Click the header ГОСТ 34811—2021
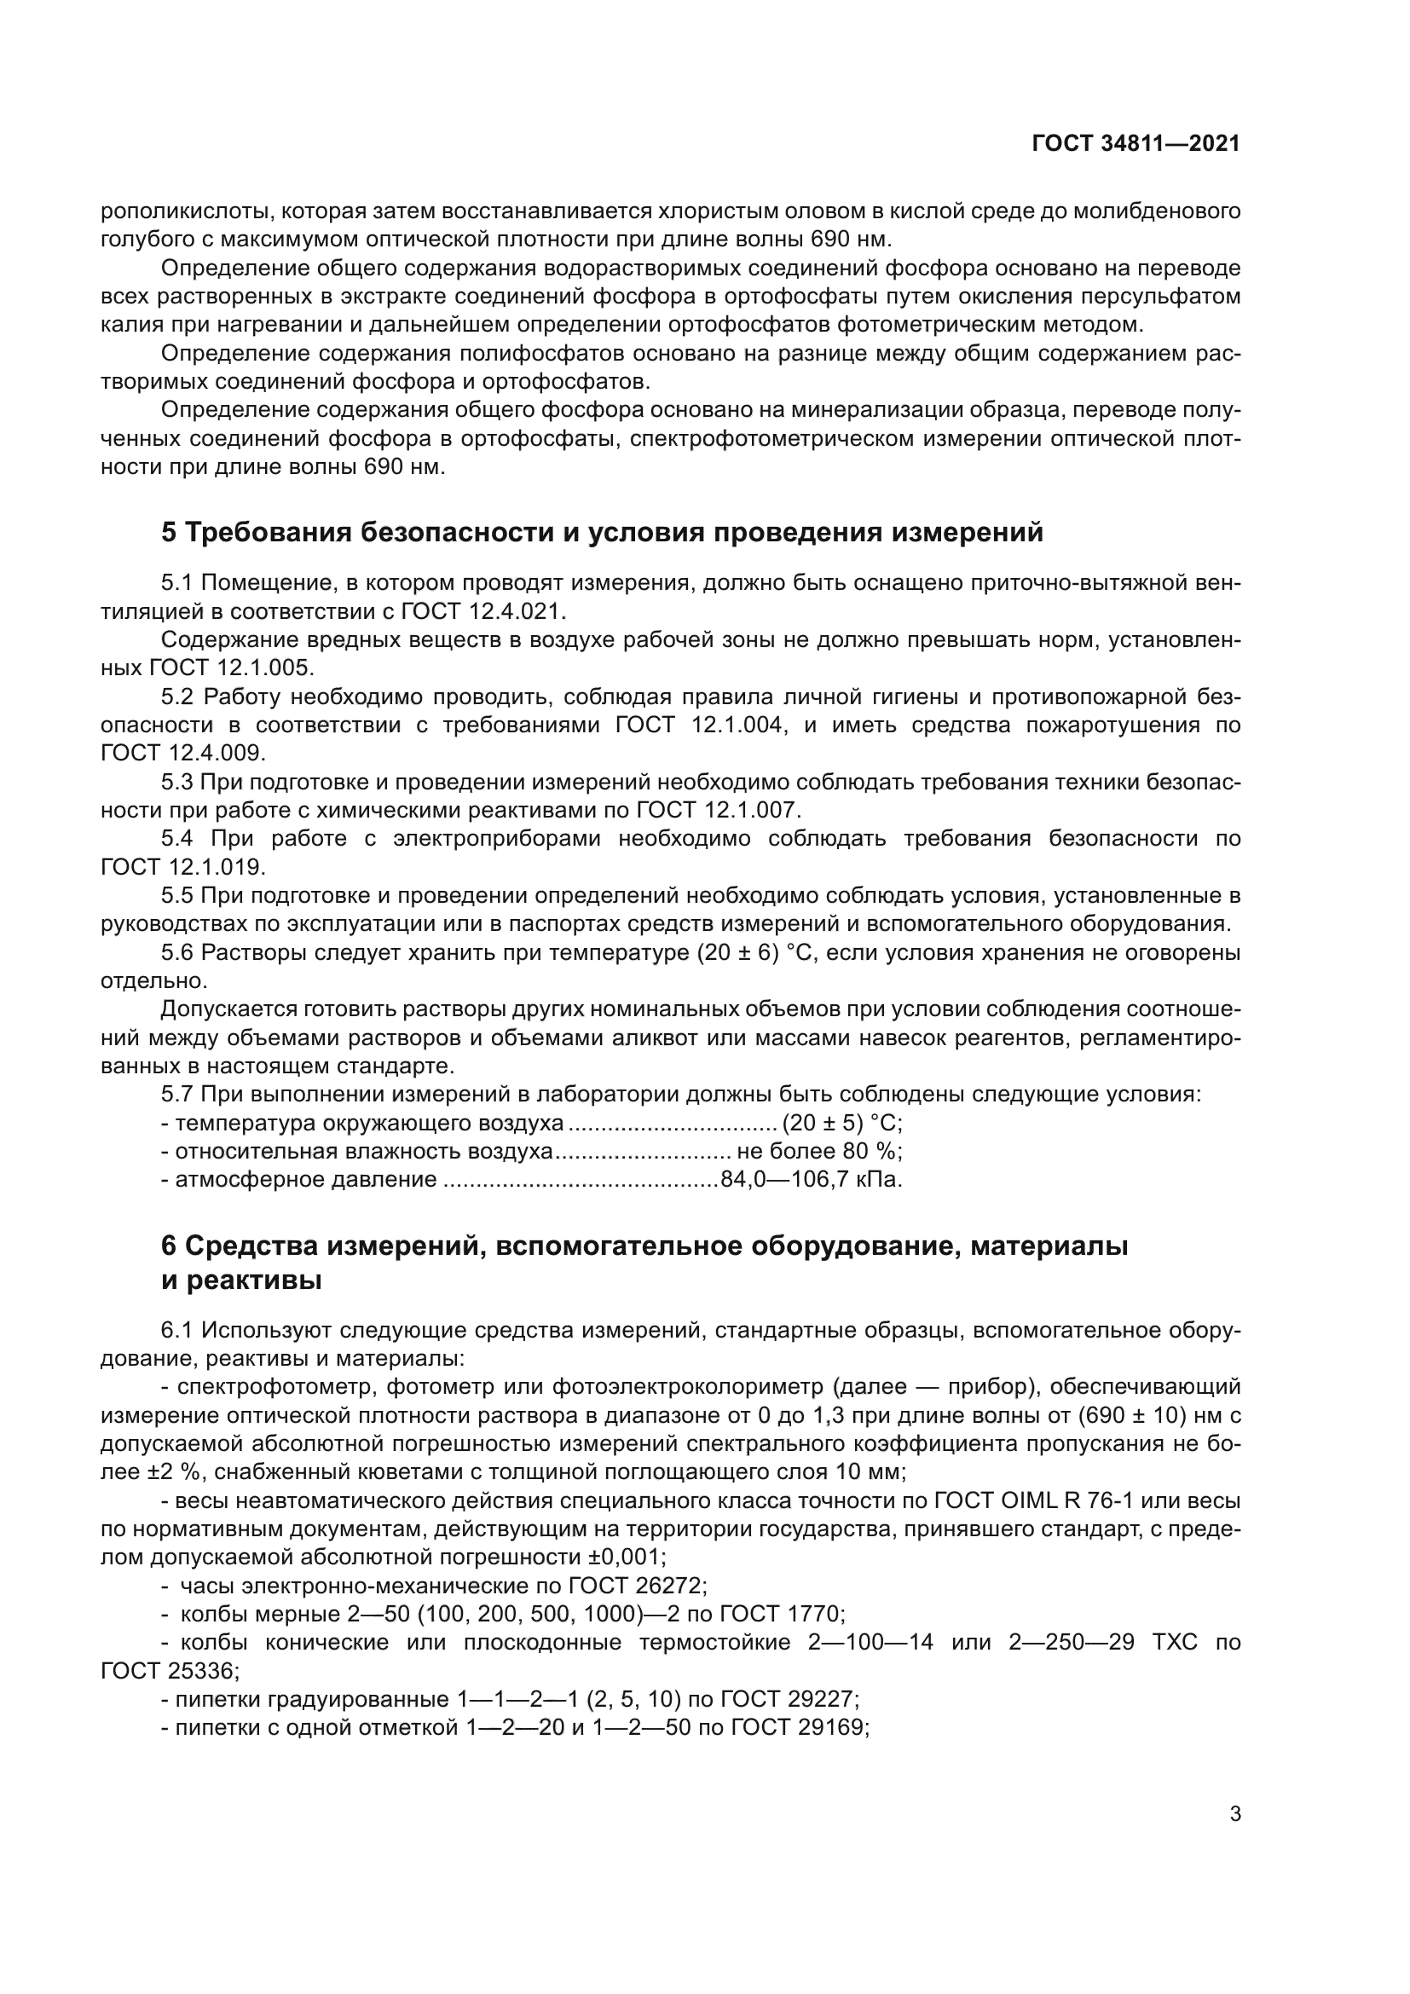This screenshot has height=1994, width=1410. (x=1136, y=144)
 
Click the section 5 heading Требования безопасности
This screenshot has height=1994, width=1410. (x=602, y=532)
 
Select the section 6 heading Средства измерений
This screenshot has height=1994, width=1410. (x=644, y=1246)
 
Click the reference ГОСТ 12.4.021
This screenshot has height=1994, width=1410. (x=482, y=611)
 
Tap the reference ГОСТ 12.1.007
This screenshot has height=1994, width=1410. (x=717, y=810)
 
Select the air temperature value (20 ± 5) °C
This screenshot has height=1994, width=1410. (x=841, y=1124)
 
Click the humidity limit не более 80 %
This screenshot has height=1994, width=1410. (x=818, y=1152)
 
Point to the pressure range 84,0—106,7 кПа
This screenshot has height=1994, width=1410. (x=811, y=1180)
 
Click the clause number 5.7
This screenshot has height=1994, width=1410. (x=178, y=1095)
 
